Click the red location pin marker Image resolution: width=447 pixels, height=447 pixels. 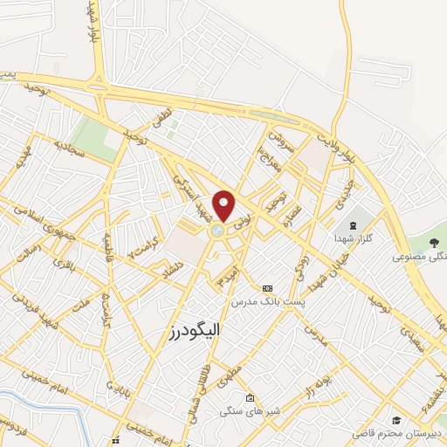point(224,205)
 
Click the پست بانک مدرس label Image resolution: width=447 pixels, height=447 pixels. point(267,300)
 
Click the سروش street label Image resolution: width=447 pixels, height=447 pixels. point(277,139)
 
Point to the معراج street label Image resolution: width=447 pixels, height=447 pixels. point(265,160)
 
